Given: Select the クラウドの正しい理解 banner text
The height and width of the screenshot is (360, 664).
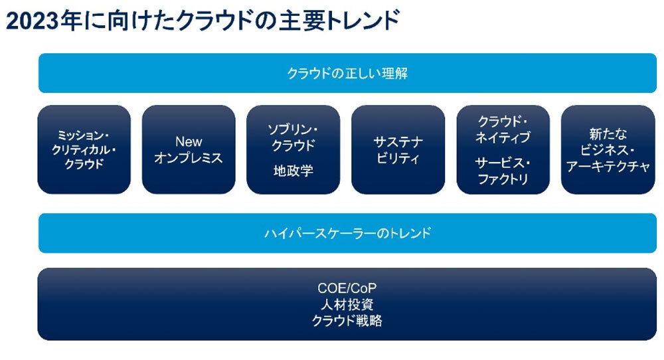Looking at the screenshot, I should coord(347,73).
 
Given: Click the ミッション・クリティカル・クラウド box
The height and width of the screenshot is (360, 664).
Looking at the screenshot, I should coord(84,149).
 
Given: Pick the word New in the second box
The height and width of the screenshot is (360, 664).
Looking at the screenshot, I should coord(189,141).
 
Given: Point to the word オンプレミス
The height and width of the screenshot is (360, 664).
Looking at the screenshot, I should coord(189,158).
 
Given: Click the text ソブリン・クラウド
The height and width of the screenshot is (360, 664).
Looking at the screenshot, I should coord(293,137).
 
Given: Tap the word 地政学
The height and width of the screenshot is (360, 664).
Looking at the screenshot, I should coord(293,171).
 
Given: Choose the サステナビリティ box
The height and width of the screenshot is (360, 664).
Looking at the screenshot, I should coord(398,149).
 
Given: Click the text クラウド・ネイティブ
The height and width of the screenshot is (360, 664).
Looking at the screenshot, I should coord(503,130).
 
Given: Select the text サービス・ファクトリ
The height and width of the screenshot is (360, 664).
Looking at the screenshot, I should coord(503,171).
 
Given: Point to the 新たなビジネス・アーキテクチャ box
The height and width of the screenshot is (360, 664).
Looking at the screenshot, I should coord(608,149).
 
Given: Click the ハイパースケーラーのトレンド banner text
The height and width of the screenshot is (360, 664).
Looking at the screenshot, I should coord(347,233).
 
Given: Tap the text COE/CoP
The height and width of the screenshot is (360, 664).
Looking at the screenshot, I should coord(347,290).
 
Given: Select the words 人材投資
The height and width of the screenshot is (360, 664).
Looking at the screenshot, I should coord(347,306).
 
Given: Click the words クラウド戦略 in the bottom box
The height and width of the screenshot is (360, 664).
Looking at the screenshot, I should coord(347,321).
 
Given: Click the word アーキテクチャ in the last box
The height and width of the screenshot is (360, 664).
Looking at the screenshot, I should coord(608,167).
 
